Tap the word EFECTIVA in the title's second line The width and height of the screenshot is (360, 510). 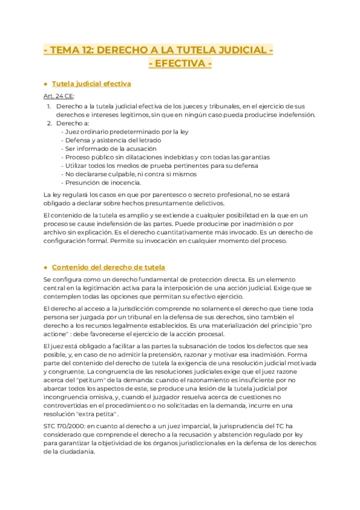tap(180, 64)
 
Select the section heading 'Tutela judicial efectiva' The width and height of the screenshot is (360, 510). tap(91, 84)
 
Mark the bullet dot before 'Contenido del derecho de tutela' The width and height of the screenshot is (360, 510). tap(46, 267)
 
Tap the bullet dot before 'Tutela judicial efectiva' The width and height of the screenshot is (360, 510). tap(46, 84)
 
